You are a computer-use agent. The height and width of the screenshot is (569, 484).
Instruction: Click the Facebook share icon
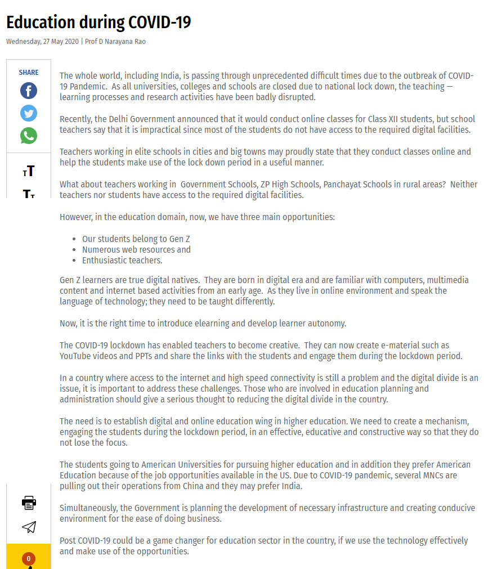pyautogui.click(x=29, y=91)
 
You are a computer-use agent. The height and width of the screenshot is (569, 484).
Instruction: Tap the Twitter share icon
pyautogui.click(x=29, y=113)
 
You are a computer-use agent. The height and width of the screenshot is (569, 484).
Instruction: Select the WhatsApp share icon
pyautogui.click(x=29, y=136)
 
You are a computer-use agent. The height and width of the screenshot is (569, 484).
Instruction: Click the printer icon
pyautogui.click(x=29, y=503)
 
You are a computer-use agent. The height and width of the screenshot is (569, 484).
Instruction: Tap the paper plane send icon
pyautogui.click(x=29, y=527)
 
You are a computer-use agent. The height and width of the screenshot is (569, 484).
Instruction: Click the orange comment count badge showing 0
pyautogui.click(x=29, y=559)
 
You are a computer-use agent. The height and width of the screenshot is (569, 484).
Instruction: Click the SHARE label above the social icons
pyautogui.click(x=29, y=73)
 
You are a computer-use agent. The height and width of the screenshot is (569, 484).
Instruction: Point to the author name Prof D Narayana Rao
pyautogui.click(x=115, y=42)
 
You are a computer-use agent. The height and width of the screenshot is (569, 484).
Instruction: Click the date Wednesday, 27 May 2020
pyautogui.click(x=43, y=42)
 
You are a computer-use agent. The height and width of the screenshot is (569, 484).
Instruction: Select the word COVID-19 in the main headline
pyautogui.click(x=159, y=23)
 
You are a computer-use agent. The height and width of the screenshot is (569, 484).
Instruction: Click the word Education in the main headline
pyautogui.click(x=41, y=23)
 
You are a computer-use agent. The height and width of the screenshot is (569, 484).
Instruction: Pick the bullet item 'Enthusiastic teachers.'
pyautogui.click(x=122, y=260)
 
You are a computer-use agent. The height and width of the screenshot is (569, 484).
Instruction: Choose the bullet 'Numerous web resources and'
pyautogui.click(x=136, y=249)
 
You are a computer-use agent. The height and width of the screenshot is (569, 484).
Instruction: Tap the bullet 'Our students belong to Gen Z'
pyautogui.click(x=136, y=239)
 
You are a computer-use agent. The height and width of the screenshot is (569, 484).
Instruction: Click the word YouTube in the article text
pyautogui.click(x=76, y=356)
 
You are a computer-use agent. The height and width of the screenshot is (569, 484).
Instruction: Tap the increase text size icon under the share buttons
pyautogui.click(x=29, y=171)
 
